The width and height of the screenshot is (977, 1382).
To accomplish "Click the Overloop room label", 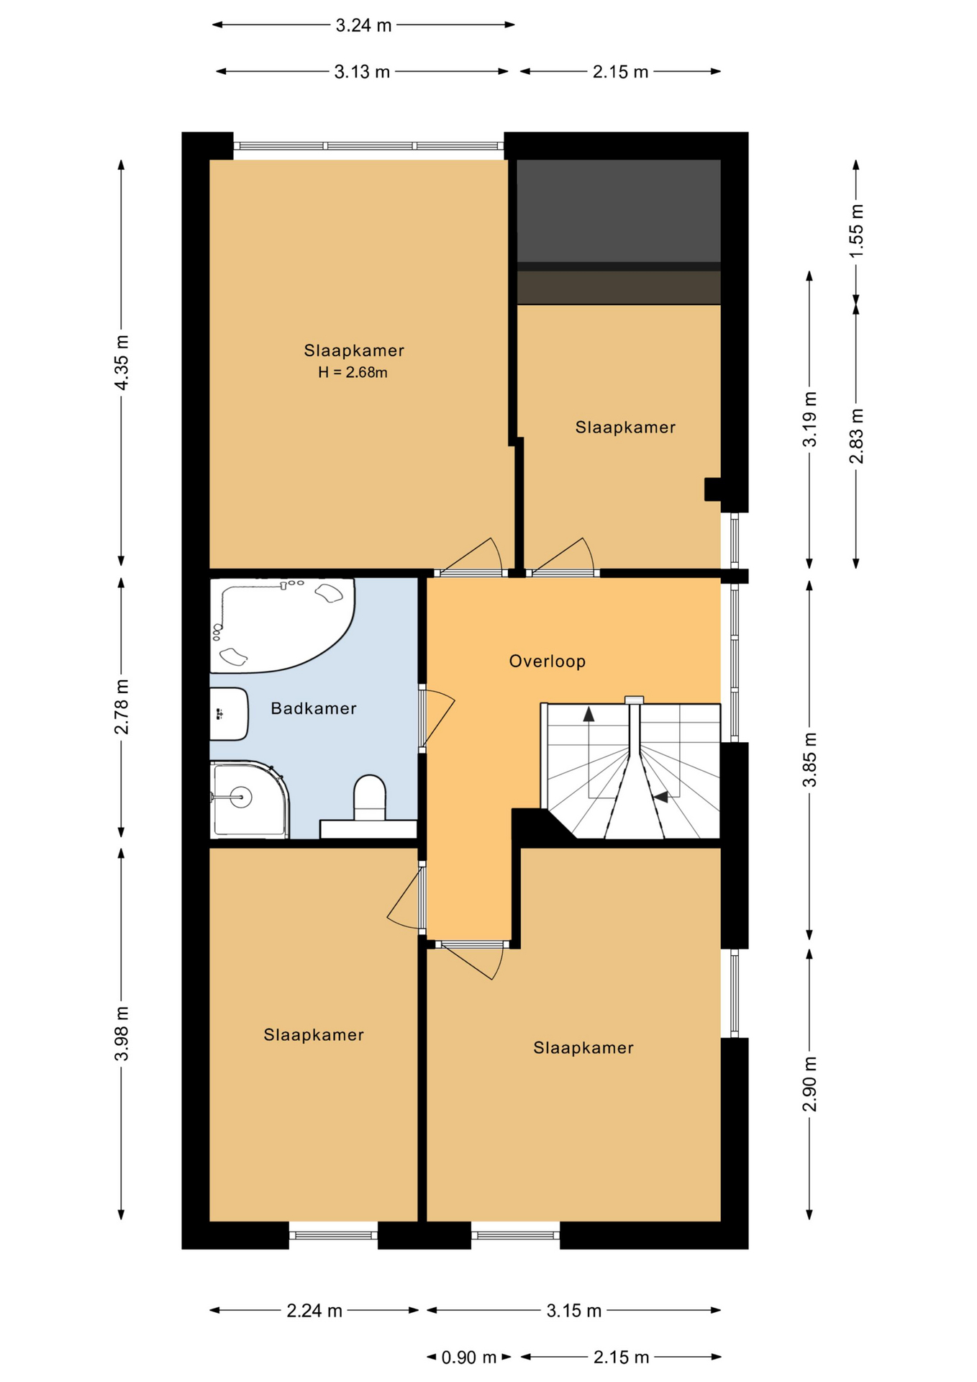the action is tap(547, 661).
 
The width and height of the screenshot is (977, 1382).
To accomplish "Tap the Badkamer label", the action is tap(314, 708).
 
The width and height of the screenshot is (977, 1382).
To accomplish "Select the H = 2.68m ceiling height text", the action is tap(353, 372).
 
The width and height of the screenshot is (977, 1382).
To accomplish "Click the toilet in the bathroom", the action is tap(370, 798).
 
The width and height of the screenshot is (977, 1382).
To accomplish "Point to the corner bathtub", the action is tap(281, 625).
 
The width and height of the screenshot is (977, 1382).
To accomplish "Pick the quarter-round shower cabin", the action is tap(249, 799).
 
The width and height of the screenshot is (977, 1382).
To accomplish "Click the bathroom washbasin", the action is tap(229, 714).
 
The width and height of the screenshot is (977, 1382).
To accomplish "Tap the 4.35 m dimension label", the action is tap(122, 363).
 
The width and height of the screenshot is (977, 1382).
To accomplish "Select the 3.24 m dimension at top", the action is tap(363, 25).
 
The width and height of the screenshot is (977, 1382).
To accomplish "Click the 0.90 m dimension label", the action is tap(468, 1358).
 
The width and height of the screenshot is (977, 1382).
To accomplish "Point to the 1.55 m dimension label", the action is tap(856, 231).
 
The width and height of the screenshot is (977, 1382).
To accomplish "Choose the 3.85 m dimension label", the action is tap(810, 760).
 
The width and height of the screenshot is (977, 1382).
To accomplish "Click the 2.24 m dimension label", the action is tap(314, 1311).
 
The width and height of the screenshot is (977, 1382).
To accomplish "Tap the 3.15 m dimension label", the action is tap(573, 1311).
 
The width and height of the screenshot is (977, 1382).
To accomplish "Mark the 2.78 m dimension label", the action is tap(122, 707).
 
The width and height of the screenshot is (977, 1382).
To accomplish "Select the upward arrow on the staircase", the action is tap(589, 714).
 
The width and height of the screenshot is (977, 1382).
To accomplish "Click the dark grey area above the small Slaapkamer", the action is tap(619, 211).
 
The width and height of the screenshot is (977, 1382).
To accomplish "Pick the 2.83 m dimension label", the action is tap(856, 436).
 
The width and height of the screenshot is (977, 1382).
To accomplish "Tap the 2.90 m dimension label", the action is tap(810, 1084).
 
